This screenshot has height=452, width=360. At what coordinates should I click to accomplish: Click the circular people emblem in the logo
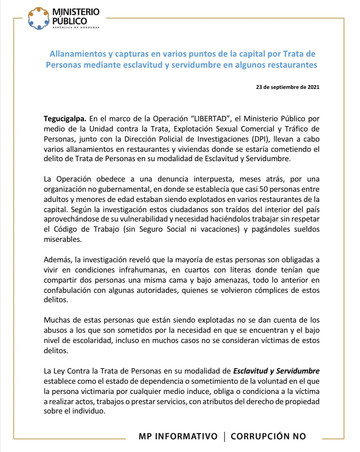point(39,18)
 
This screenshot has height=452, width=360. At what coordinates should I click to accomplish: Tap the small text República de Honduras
point(76,27)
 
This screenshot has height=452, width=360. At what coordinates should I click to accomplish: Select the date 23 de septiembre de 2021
point(288,87)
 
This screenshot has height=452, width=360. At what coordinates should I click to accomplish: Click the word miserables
point(63,239)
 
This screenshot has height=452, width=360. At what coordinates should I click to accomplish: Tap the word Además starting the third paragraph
point(57,260)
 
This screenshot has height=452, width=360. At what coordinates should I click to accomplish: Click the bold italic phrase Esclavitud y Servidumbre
point(276,371)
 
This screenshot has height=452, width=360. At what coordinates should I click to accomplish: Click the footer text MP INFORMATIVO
point(178,436)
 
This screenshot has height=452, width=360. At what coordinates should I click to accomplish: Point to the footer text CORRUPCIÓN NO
point(268,436)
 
